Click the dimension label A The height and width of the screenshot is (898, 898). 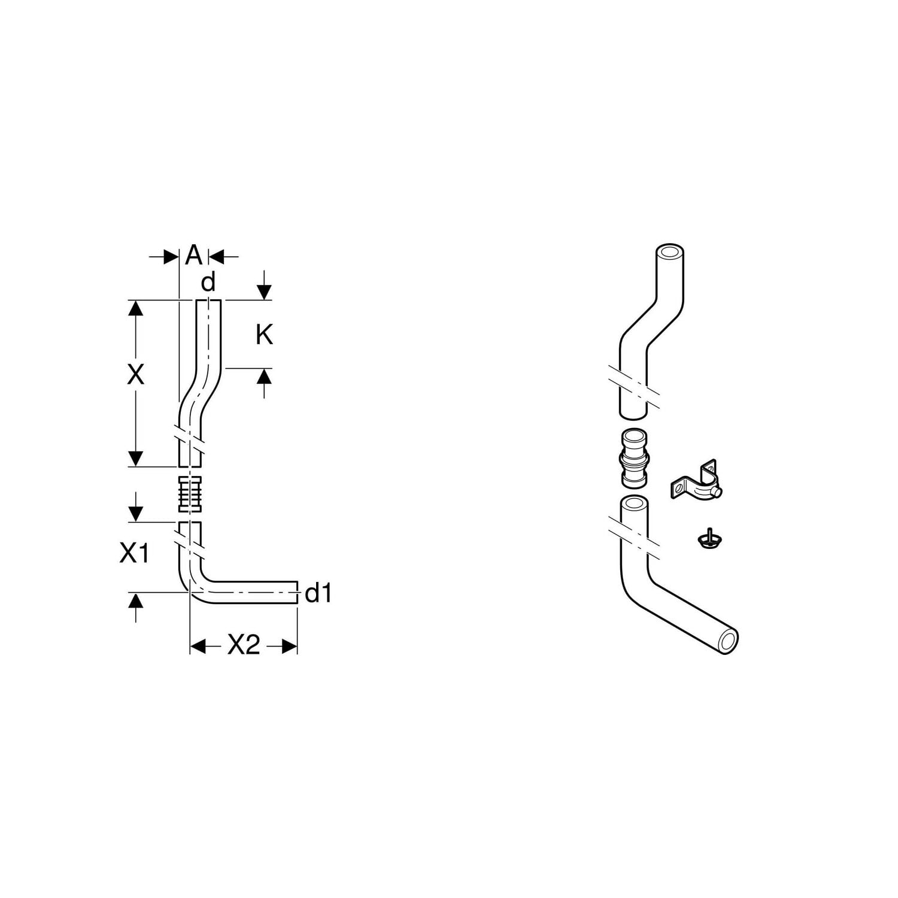point(193,256)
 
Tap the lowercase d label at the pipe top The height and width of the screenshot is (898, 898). point(208,281)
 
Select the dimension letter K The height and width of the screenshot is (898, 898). point(264,335)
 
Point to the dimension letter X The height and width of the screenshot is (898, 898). point(136,375)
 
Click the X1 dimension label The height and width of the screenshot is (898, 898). point(134,554)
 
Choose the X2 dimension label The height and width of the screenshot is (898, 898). point(244,645)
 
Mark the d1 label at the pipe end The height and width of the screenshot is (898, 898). point(318,593)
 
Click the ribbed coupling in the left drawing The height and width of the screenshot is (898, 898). point(190,494)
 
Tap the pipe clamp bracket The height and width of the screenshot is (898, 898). point(696,481)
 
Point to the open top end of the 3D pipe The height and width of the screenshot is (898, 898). point(671,252)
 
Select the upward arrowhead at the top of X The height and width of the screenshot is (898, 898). point(136,310)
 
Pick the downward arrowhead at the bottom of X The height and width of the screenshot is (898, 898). point(136,458)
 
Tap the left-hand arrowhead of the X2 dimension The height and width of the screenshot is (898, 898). point(198,646)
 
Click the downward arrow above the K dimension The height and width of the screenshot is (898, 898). point(264,285)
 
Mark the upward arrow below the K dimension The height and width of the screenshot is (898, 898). point(264,383)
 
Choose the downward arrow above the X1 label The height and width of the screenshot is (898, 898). point(136,506)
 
